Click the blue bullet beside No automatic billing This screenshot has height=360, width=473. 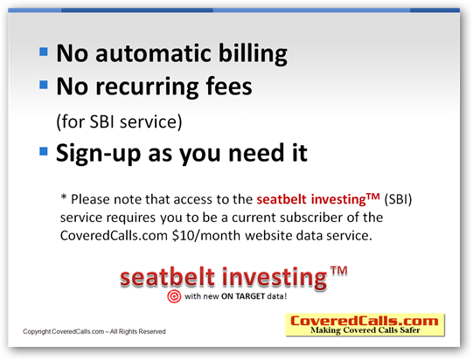coord(44,52)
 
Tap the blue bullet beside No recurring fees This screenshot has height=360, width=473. coord(44,85)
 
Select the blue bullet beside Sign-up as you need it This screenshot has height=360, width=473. coord(44,151)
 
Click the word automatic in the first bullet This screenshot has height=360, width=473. coord(153,53)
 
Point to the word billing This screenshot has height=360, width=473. coord(253,53)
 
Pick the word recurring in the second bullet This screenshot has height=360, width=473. coord(147,87)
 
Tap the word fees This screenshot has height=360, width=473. coord(229,86)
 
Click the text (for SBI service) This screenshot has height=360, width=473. coord(119,121)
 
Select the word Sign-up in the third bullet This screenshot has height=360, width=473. coord(99,154)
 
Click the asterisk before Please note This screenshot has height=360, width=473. coord(64,197)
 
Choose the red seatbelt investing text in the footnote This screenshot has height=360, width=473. coord(318,199)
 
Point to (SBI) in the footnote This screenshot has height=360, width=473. coord(398,199)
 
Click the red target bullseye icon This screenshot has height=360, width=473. coord(174,296)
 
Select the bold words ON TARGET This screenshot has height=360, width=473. coord(243,296)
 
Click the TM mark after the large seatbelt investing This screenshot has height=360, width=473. coord(338,271)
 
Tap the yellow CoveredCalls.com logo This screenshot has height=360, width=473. coord(365,325)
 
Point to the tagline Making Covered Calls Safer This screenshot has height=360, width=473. coord(365,330)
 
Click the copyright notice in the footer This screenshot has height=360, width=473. coord(94,331)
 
